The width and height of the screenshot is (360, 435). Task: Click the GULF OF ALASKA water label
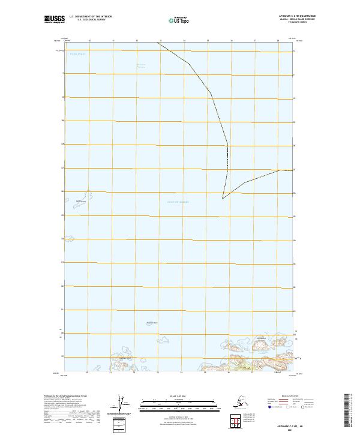click(x=178, y=202)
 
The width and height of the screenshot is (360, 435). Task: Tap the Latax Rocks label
click(x=81, y=201)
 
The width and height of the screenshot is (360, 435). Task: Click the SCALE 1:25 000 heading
click(x=179, y=397)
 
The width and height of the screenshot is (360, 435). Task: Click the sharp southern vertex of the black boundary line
click(x=222, y=199)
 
